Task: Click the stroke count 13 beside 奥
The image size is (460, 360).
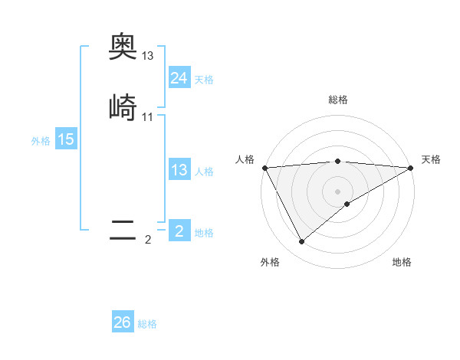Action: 148,56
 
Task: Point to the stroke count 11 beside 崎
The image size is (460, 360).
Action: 148,116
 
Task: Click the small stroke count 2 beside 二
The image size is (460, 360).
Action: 148,240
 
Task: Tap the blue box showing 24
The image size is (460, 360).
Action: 179,78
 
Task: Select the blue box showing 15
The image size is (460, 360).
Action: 66,139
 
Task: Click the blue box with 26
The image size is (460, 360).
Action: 123,322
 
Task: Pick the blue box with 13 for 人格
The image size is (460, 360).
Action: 179,170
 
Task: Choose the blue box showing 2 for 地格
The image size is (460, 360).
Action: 179,231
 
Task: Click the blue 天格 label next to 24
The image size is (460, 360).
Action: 204,80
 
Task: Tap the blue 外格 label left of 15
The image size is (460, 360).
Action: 41,141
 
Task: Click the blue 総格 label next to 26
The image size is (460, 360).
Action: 147,324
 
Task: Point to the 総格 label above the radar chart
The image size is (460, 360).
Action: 338,100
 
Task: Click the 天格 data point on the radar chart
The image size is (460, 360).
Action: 411,168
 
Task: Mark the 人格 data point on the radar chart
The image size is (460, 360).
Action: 264,168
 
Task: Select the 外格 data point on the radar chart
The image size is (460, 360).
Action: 301,242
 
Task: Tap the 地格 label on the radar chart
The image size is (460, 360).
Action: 402,263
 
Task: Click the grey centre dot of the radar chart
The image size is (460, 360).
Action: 338,191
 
